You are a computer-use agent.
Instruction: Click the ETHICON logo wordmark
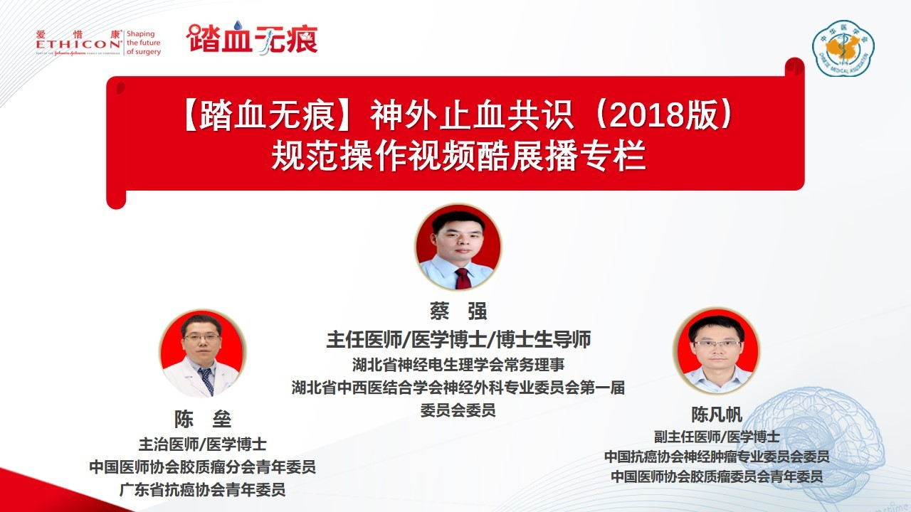(78, 44)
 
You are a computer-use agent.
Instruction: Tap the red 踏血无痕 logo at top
(252, 38)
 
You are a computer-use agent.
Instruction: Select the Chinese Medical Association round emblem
(843, 48)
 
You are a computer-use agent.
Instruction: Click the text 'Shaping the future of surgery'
(143, 43)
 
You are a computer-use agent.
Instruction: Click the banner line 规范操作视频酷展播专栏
(459, 155)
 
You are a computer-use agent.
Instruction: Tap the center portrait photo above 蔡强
(458, 247)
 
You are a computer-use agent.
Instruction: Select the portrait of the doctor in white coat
(203, 353)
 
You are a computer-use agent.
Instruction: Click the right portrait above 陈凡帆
(717, 351)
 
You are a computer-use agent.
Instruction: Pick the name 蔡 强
(458, 311)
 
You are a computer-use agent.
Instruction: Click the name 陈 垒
(203, 419)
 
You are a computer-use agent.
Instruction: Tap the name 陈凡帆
(717, 415)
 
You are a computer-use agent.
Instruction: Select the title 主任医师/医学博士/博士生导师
(458, 339)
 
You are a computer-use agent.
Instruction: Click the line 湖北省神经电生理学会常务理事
(458, 365)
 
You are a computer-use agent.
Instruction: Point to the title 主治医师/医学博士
(203, 444)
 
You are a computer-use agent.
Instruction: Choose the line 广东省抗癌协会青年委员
(203, 490)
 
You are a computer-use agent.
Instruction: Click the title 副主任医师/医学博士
(717, 437)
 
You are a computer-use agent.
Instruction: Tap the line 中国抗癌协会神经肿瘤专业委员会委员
(717, 457)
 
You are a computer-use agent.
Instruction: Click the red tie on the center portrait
(463, 278)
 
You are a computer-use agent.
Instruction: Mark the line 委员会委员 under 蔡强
(458, 410)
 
